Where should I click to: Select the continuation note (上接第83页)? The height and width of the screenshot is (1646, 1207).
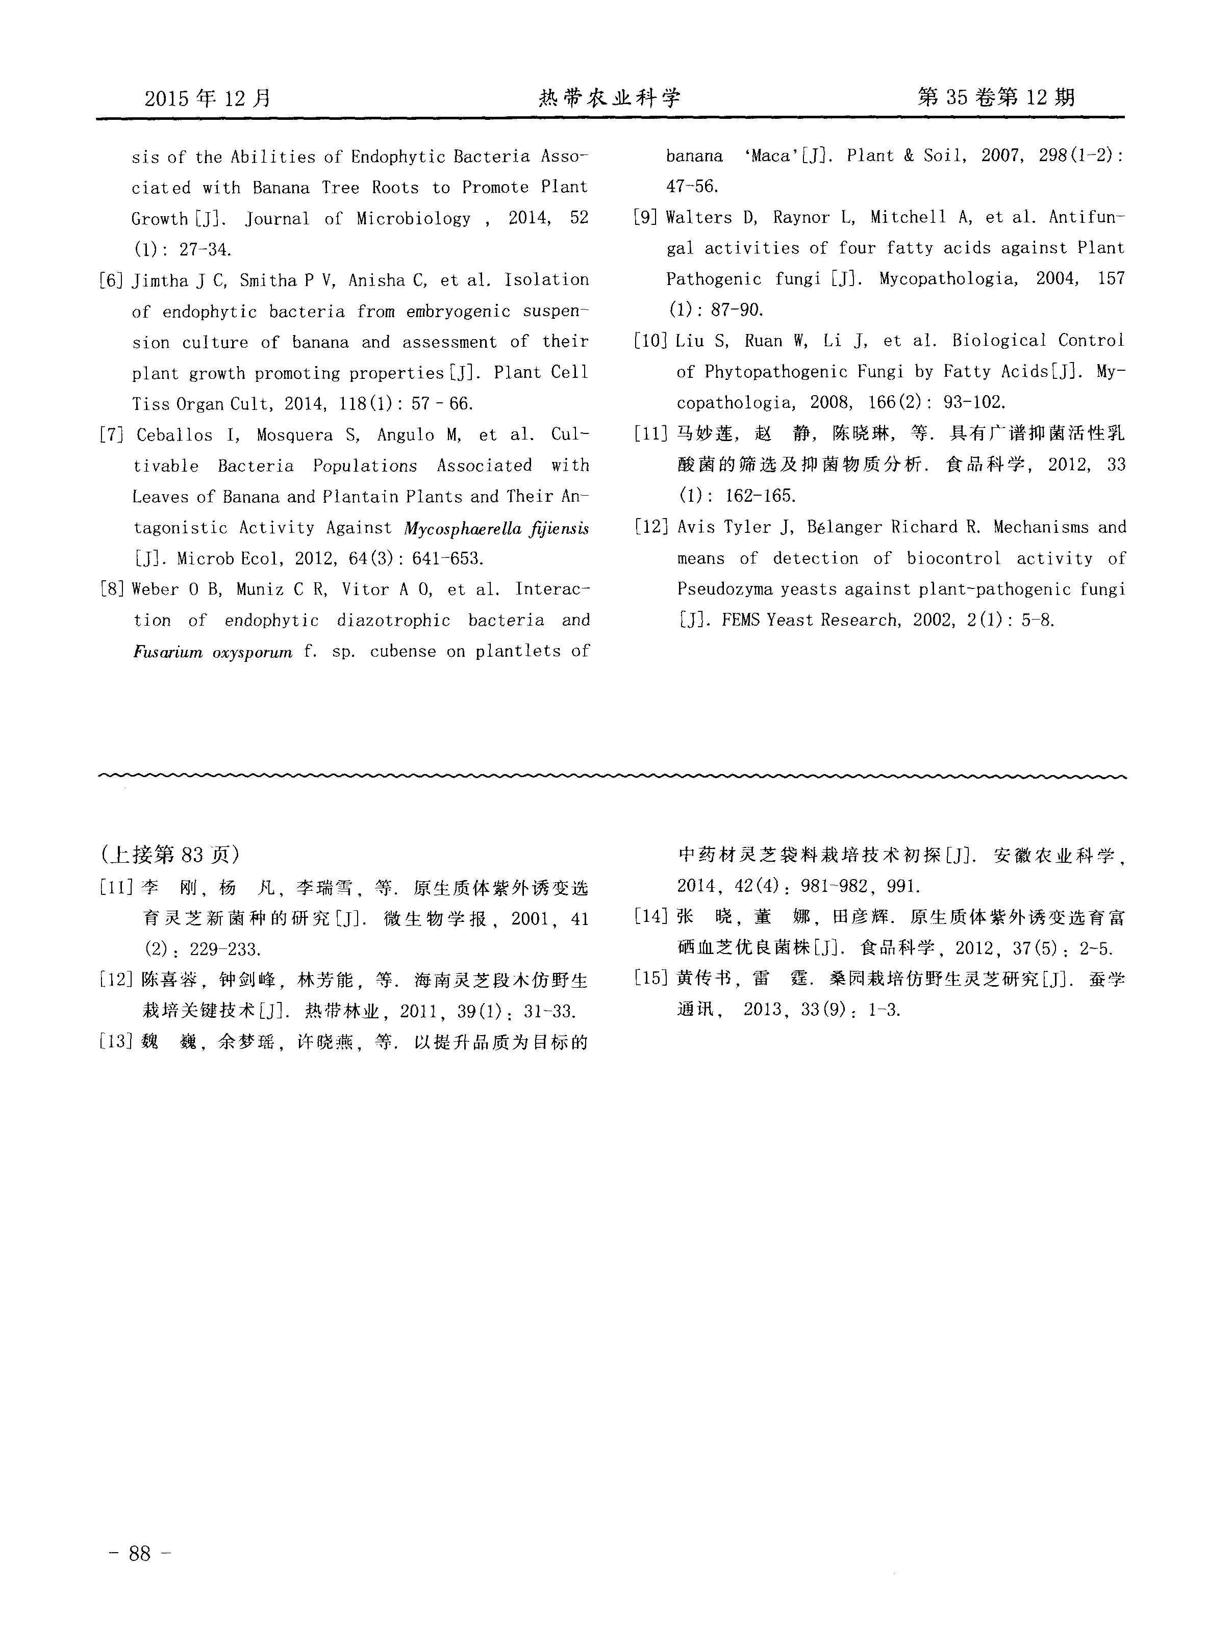tap(171, 854)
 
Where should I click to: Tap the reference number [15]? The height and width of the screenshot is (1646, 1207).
tap(649, 979)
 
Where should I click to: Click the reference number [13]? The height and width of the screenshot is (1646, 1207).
tap(115, 1041)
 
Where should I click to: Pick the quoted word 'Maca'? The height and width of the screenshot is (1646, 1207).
tap(771, 156)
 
